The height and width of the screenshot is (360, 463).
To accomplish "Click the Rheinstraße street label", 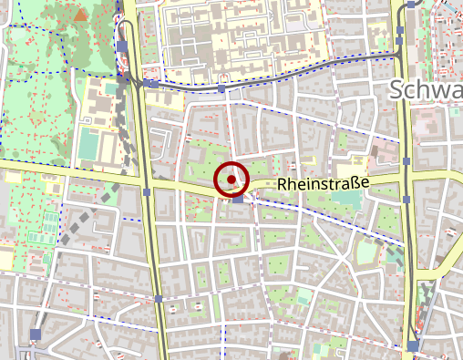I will pos(324,184).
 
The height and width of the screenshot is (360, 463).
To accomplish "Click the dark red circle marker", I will pos(232,180).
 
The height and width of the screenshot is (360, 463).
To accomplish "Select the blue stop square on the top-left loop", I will pos(122,46).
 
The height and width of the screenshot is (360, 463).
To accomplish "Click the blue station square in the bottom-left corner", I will pos(36,334).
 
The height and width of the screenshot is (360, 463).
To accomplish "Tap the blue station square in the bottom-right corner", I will pos(414,345).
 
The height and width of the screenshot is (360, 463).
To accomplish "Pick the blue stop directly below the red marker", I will pos(237,200).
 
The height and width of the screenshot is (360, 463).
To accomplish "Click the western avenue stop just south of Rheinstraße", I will pos(147,192).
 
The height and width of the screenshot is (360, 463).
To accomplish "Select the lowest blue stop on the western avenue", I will pos(159,298).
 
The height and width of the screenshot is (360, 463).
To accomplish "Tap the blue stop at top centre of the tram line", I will pos(222,89).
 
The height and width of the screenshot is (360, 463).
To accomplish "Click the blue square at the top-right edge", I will pos(412,5).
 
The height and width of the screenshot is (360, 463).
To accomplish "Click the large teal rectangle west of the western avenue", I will pos(88,142).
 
